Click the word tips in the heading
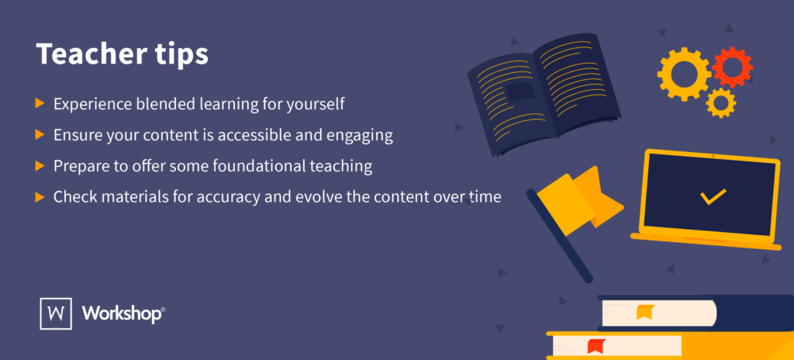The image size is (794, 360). tap(174, 57)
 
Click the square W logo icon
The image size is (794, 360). tap(55, 313)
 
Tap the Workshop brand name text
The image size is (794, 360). tap(123, 313)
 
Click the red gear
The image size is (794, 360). tap(730, 67)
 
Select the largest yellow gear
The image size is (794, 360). tap(684, 74)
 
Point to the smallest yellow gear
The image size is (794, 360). tap(720, 102)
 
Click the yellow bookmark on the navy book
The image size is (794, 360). tap(644, 312)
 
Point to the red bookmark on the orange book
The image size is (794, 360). tap(595, 345)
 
